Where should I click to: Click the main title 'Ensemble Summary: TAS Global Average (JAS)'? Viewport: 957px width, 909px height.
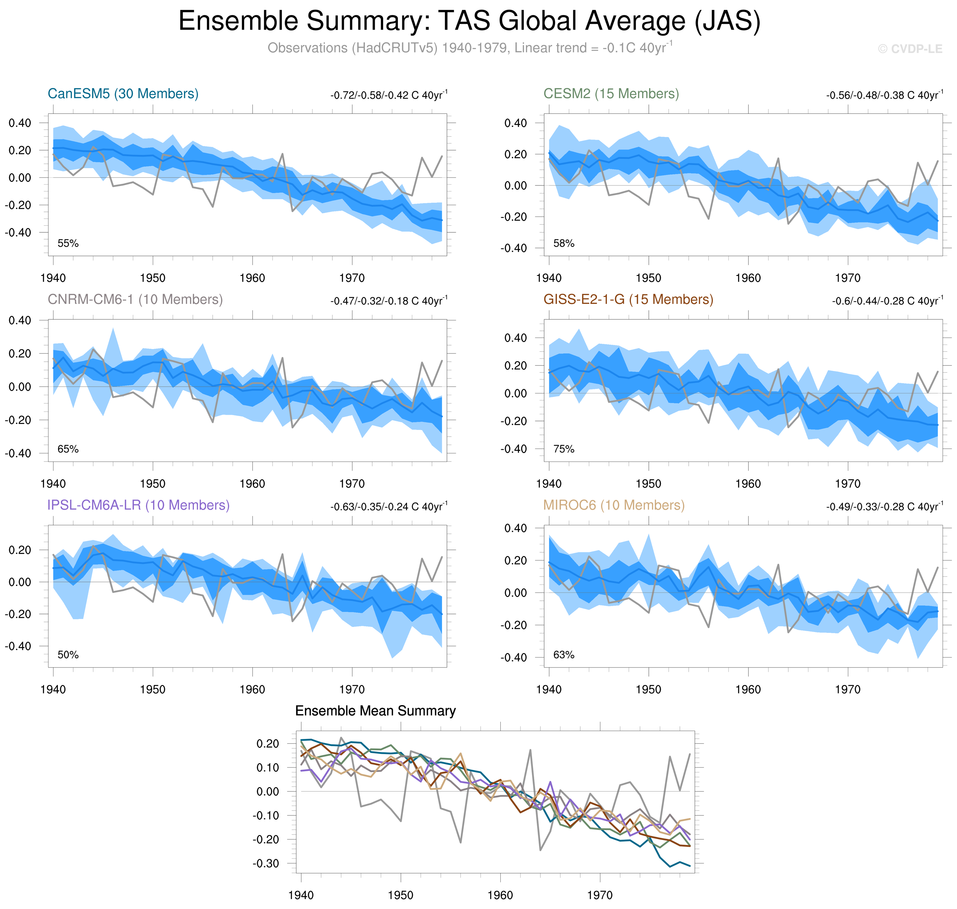pyautogui.click(x=469, y=21)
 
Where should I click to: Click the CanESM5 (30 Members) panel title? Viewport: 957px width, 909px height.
pyautogui.click(x=123, y=93)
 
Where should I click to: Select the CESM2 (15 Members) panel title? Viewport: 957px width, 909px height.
pyautogui.click(x=611, y=93)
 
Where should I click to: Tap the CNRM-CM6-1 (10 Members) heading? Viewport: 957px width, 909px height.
pyautogui.click(x=135, y=299)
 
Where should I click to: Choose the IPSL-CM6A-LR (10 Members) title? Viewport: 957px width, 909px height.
pyautogui.click(x=138, y=505)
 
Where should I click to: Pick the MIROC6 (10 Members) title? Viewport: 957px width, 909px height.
pyautogui.click(x=614, y=505)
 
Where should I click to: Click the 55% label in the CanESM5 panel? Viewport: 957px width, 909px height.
pyautogui.click(x=68, y=243)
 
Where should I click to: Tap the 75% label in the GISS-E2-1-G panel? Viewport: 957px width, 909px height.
pyautogui.click(x=564, y=449)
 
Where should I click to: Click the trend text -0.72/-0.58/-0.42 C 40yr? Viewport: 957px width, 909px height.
pyautogui.click(x=389, y=95)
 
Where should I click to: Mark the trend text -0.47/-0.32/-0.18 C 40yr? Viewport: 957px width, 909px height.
pyautogui.click(x=389, y=301)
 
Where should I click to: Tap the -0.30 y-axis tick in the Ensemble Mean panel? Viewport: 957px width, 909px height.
pyautogui.click(x=266, y=863)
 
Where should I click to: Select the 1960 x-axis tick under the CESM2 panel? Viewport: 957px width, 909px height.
pyautogui.click(x=748, y=278)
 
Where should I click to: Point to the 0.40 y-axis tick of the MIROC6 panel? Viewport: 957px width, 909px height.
pyautogui.click(x=516, y=528)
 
